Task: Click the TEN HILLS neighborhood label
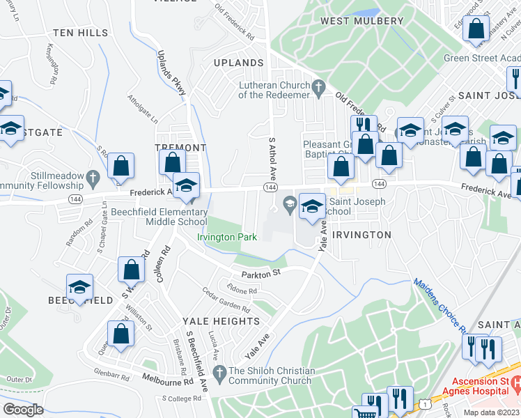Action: tap(81, 33)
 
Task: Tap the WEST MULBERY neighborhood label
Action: tap(361, 21)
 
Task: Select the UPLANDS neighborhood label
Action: tap(240, 63)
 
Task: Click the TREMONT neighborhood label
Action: tap(180, 148)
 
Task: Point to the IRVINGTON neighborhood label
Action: tap(361, 235)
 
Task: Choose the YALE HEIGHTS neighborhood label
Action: tap(221, 321)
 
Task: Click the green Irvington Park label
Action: tap(227, 237)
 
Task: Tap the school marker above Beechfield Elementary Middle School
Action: tap(186, 187)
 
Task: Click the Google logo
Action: tap(22, 410)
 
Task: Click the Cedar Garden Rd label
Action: tap(226, 302)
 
